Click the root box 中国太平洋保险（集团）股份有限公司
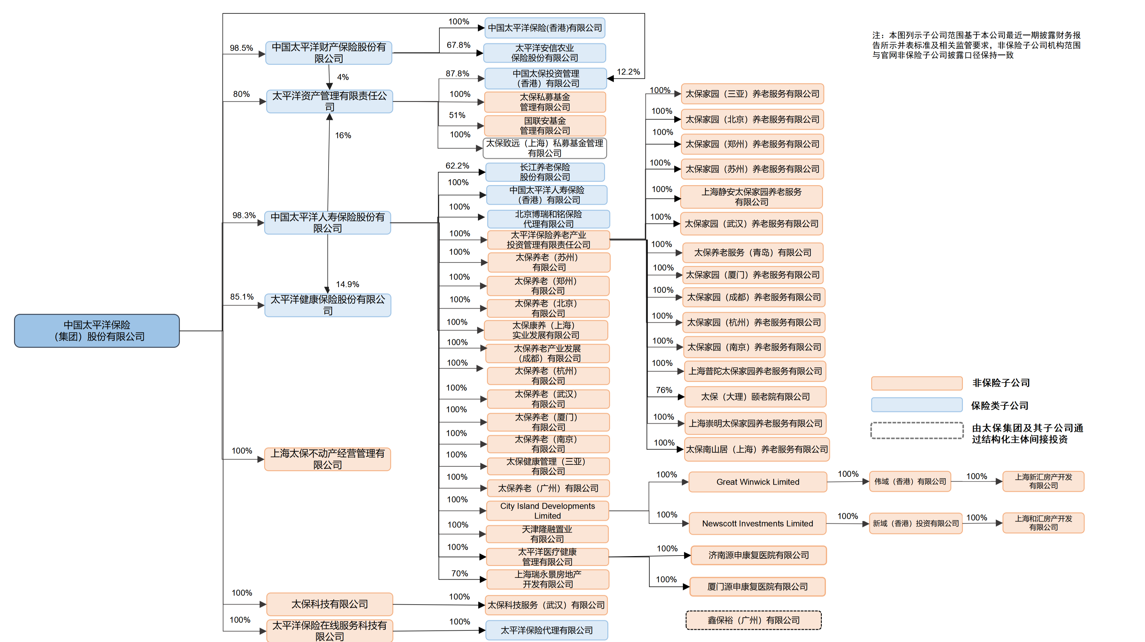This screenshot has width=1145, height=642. coord(97,330)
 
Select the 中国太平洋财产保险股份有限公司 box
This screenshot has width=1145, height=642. coord(329,53)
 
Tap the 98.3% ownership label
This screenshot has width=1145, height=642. coord(244,215)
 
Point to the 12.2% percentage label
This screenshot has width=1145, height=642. coord(628,72)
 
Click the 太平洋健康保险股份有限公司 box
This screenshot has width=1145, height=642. coord(328,305)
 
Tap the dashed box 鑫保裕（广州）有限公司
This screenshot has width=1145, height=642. coord(753,620)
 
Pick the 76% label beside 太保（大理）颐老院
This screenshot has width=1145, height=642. coord(664,390)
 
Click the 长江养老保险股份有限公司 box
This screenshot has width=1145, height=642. coord(545,172)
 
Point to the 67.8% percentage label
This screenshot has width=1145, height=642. coord(458,45)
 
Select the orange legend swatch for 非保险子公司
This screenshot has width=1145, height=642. coord(917,383)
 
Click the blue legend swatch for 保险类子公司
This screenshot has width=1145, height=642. coord(917,405)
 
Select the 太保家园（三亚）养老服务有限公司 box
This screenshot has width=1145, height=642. coord(752,94)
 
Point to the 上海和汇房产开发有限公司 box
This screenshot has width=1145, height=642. coord(1043,523)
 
